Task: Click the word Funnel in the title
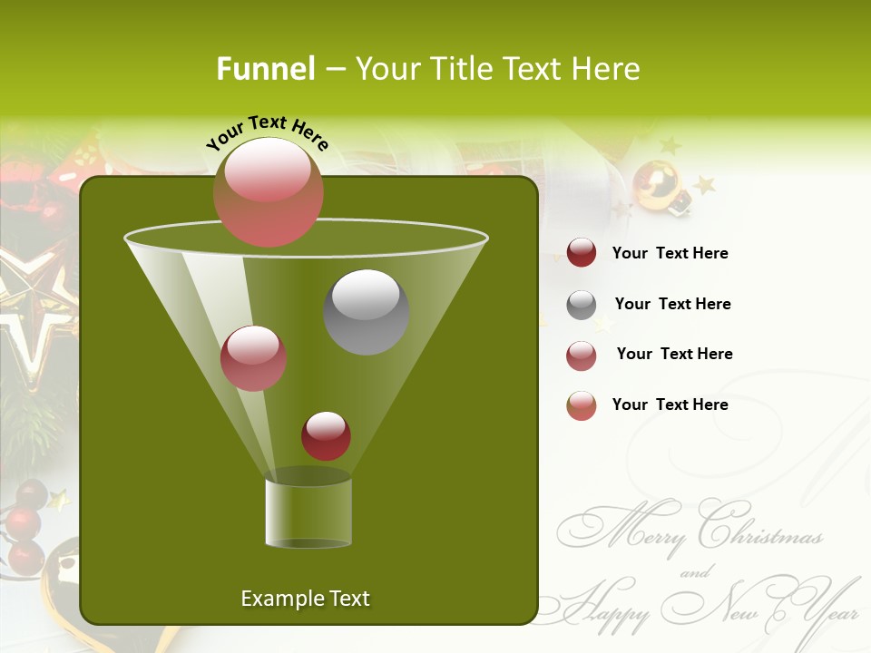[265, 69]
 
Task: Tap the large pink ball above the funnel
[269, 192]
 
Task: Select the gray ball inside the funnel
[367, 312]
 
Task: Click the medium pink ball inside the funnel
[254, 358]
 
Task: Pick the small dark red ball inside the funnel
[327, 435]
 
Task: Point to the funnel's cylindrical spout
[308, 512]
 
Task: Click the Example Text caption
[306, 599]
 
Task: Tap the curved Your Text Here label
[268, 132]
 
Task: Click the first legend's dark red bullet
[582, 253]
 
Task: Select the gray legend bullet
[582, 305]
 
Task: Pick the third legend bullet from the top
[582, 356]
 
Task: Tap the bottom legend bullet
[582, 405]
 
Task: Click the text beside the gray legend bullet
[672, 304]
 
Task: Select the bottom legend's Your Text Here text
[670, 404]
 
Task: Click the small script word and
[695, 572]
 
